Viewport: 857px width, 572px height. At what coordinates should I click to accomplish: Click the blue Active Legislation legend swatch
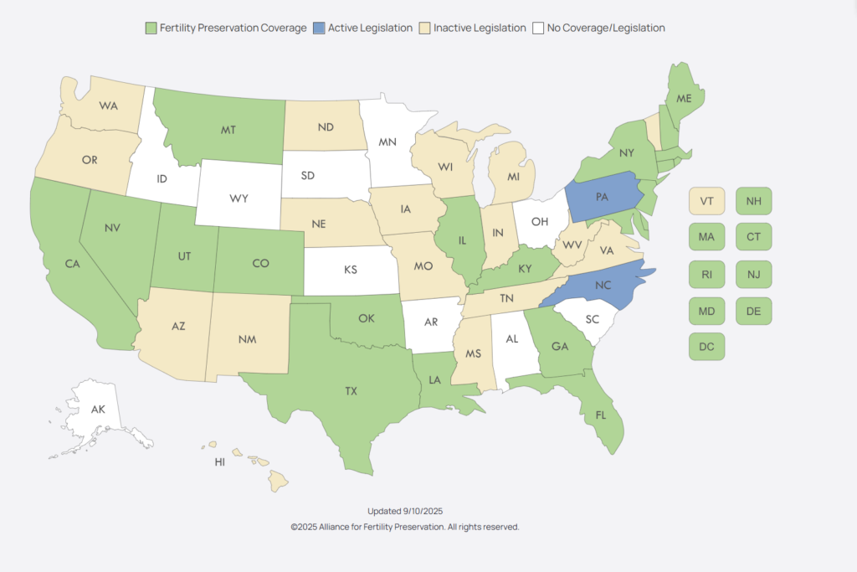pos(319,28)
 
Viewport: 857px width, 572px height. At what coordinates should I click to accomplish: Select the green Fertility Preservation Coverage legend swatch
pos(151,28)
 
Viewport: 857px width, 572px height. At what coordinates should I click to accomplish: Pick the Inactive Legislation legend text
pos(480,28)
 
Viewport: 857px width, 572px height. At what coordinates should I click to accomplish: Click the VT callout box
pos(706,201)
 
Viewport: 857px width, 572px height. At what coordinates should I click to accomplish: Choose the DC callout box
pos(706,346)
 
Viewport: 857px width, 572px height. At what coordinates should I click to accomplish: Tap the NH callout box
pos(754,201)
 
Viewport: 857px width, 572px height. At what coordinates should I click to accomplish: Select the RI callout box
pos(706,274)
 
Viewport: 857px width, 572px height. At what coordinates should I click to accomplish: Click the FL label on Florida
pos(601,415)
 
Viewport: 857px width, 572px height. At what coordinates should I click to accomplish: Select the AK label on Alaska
pos(98,410)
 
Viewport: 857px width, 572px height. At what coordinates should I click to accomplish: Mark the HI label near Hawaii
pos(220,461)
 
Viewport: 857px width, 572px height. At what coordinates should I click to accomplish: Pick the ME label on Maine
pos(684,99)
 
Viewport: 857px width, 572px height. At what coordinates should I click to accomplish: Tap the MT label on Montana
pos(227,131)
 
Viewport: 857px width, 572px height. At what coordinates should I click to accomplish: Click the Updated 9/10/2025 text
pos(405,511)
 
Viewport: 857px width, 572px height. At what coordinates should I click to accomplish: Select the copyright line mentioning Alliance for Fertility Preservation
pos(405,527)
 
